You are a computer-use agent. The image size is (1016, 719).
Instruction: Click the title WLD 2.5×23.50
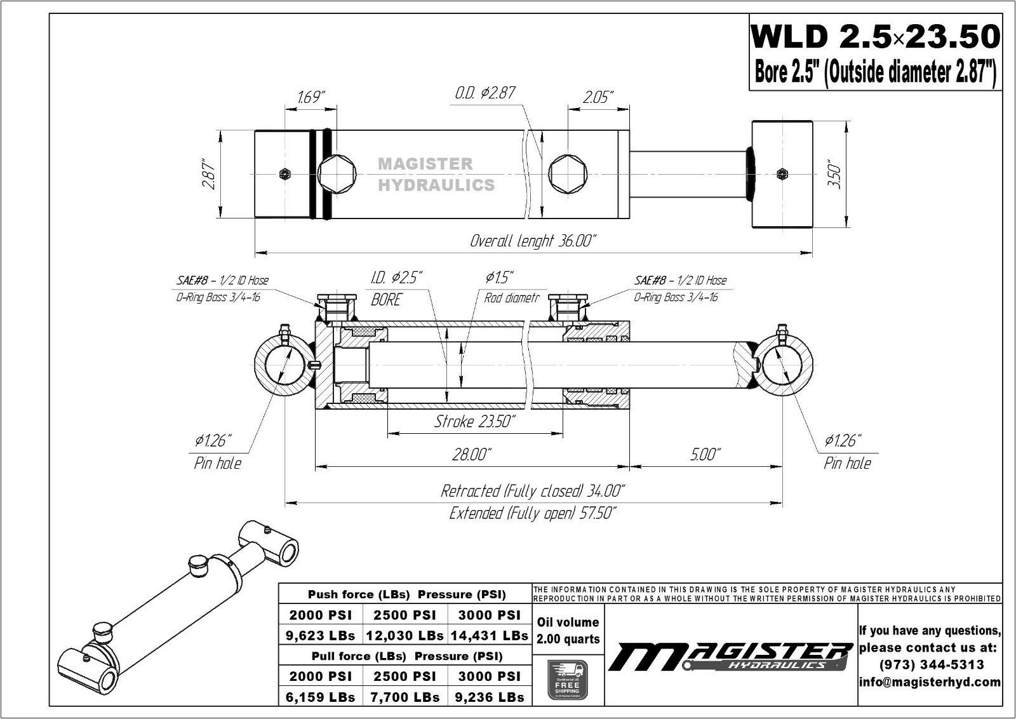coord(875,37)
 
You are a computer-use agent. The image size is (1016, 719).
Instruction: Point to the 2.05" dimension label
coord(598,97)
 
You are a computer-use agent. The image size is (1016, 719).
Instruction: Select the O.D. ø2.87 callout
coord(485,93)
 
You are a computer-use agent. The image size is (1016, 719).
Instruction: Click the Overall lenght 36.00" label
coord(533,241)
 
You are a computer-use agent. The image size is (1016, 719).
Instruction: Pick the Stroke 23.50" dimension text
coord(474,421)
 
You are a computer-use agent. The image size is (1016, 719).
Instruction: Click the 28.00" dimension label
coord(472,454)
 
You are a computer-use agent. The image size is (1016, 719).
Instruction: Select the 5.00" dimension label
coord(704,454)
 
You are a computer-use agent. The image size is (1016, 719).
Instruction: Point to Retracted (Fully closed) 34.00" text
coord(533,491)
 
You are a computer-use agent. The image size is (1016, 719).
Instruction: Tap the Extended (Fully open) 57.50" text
coord(533,513)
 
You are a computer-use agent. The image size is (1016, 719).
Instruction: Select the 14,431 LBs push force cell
coord(489,635)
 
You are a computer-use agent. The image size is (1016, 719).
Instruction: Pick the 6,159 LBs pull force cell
coord(320,697)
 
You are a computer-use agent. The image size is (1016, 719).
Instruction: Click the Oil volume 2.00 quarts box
coord(568,631)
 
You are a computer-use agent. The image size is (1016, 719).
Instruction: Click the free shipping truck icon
coord(567,680)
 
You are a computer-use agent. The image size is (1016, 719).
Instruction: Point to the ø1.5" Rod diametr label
coord(504,287)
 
